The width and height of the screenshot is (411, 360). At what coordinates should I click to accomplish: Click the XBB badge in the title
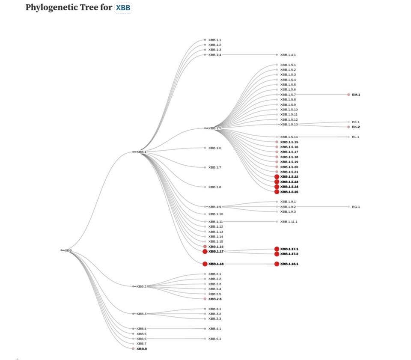pos(123,8)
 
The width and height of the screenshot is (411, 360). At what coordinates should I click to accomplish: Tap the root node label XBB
pos(68,250)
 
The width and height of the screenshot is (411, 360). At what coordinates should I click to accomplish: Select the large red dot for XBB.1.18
pos(205,264)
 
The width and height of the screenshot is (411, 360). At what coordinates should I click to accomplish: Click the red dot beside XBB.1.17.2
pos(277,254)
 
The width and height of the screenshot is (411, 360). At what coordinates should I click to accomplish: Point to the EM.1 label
pos(356,95)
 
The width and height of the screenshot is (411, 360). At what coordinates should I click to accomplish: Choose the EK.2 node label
pos(356,127)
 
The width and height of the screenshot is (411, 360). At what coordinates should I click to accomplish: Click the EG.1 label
pos(356,207)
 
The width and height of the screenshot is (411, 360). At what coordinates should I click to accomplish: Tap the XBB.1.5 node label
pos(215,128)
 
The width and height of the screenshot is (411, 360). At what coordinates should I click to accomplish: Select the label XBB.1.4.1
pos(288,55)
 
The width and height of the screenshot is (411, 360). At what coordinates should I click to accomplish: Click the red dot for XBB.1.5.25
pos(277,192)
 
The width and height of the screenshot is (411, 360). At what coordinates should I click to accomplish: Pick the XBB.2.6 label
pos(215,299)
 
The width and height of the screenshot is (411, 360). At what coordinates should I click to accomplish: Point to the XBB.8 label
pos(142,349)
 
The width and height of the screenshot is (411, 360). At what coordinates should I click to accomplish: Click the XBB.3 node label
pos(141,314)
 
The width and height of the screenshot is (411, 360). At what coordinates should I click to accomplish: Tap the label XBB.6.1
pos(214,339)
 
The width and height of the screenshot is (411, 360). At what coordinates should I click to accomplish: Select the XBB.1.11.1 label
pos(289,222)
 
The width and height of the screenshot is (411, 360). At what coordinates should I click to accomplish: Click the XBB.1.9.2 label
pos(288,207)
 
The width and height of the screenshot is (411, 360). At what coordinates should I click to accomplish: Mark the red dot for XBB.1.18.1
pos(277,264)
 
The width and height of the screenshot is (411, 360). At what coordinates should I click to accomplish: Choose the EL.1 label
pos(355,137)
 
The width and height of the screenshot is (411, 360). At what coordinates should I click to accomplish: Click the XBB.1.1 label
pos(214,40)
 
